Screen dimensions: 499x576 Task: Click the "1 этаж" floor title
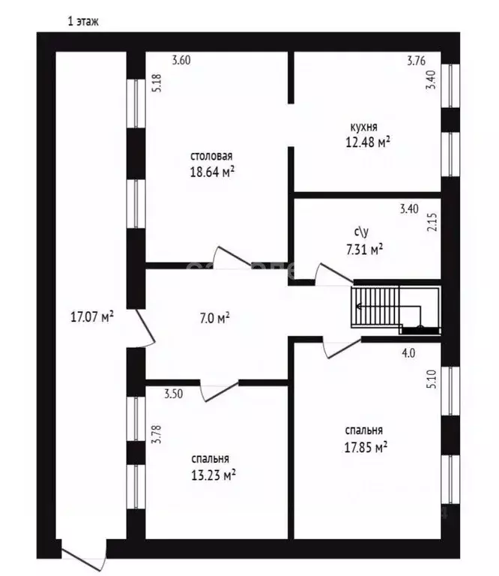pos(83,21)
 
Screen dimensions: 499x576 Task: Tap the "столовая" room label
pos(211,156)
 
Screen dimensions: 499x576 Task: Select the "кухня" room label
pos(363,127)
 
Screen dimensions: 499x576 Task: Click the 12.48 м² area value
pos(368,142)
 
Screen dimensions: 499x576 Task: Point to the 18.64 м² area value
pos(213,172)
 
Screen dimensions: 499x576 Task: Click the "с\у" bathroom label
pos(361,232)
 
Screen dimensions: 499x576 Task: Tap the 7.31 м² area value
pos(365,250)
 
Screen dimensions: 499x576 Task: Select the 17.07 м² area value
pos(92,316)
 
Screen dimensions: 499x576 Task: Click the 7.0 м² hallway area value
pos(215,318)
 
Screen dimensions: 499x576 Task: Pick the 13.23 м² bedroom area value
pos(214,475)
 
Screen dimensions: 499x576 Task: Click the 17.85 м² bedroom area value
pos(366,447)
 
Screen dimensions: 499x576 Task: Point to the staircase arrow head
pos(357,306)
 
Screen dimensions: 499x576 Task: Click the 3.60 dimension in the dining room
pos(181,60)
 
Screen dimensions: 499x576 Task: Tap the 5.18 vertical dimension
pos(157,83)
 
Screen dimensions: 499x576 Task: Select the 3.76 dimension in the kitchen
pos(417,61)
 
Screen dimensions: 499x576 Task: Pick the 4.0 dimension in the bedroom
pos(409,353)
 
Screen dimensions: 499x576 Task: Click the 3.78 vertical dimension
pos(157,434)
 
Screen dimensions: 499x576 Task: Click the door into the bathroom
pos(334,274)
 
